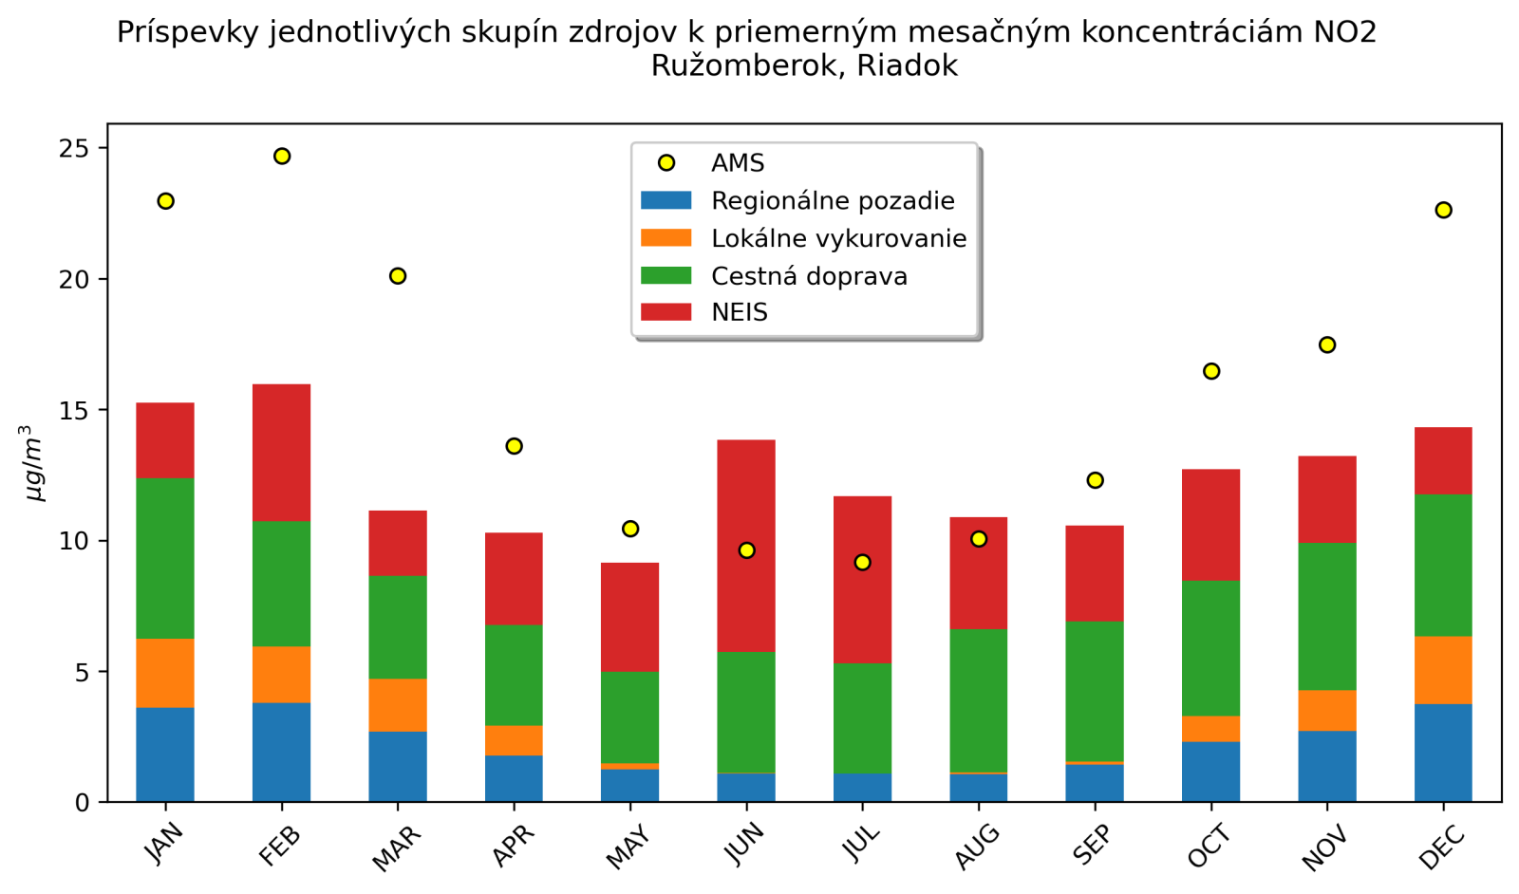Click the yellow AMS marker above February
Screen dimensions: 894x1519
point(282,156)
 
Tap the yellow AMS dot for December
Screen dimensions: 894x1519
point(1443,210)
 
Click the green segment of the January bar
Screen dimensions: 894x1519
point(165,558)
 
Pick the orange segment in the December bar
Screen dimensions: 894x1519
point(1443,669)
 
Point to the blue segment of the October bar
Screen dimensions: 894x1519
point(1210,771)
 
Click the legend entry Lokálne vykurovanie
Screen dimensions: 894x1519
point(838,238)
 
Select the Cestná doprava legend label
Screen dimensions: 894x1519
point(809,276)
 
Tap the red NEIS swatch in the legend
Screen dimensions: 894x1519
point(666,312)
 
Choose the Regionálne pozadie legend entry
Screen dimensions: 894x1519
point(833,200)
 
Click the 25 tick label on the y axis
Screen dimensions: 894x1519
point(74,149)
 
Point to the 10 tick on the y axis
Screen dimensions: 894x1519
point(74,541)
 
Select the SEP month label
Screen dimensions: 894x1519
point(1092,846)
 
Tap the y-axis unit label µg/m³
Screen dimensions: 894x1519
point(33,463)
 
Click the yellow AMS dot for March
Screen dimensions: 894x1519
point(398,276)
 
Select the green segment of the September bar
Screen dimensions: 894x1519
point(1095,691)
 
